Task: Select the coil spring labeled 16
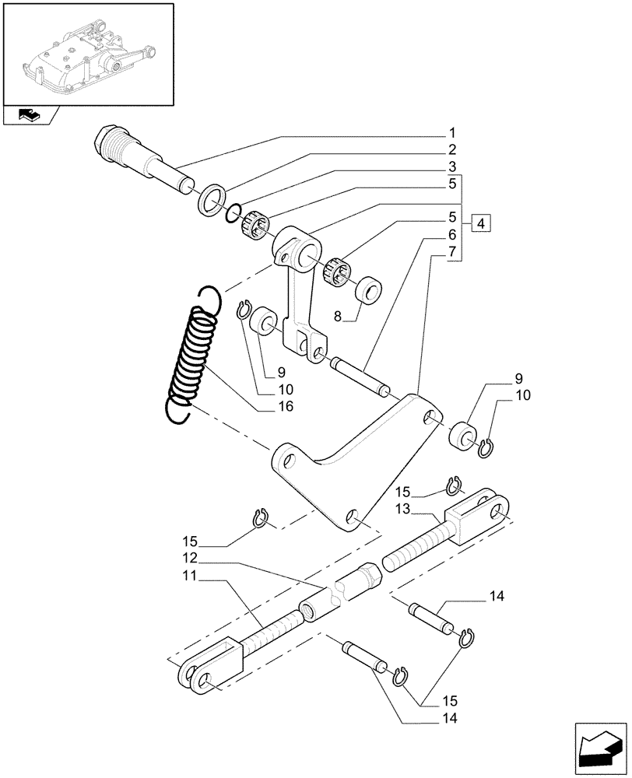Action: (x=191, y=355)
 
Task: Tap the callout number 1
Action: (x=451, y=133)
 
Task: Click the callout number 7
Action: (x=451, y=253)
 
